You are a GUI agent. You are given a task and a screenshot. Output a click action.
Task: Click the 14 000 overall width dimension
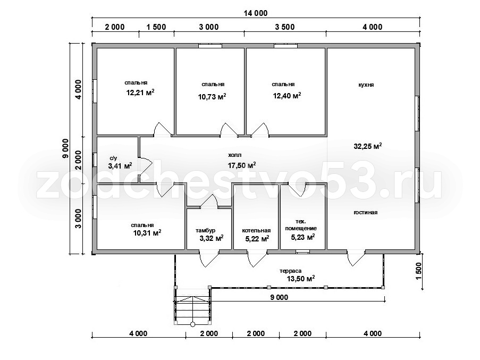coord(255,13)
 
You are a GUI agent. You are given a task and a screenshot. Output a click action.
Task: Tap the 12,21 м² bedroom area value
coord(140,93)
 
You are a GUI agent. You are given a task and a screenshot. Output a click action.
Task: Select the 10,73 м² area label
coord(212,97)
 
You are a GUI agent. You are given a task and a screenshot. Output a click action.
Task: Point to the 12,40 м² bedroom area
coord(287,96)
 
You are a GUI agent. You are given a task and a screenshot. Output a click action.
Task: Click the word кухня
coord(366,85)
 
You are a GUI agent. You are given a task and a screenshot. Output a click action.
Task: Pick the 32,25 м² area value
coord(368,146)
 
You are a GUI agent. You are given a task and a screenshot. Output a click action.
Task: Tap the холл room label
coord(235,155)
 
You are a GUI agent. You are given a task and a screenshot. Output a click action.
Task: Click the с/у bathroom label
coord(113,158)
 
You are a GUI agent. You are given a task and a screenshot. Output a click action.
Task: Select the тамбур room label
coord(205,230)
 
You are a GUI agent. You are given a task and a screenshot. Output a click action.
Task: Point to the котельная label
coord(256,230)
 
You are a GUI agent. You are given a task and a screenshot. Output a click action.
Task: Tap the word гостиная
coord(366,213)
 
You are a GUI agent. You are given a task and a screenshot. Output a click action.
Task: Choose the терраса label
coord(291,271)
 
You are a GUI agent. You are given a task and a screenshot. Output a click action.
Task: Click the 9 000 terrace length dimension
coord(280,297)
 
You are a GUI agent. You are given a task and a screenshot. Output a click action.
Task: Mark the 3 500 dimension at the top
coord(285,27)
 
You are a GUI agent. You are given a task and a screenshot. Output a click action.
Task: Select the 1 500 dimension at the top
coord(156,27)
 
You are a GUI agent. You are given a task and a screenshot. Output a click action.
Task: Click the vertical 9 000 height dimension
coord(65,148)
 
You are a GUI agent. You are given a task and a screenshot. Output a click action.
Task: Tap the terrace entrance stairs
coord(192,306)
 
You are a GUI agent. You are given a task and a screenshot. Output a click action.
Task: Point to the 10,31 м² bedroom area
coord(147,233)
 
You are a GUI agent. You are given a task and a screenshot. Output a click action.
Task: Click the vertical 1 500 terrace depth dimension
coord(419,271)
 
